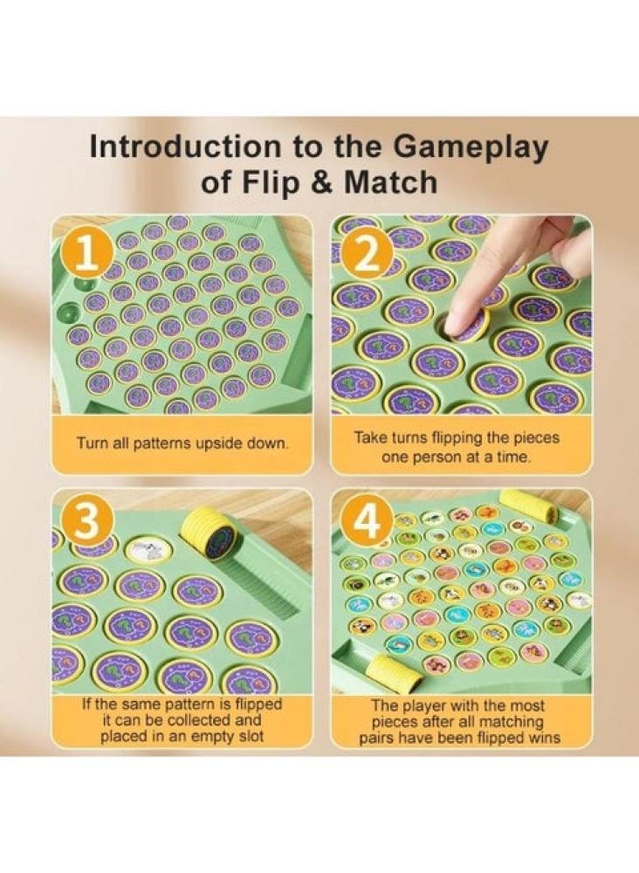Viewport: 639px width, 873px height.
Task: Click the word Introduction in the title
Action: point(186,147)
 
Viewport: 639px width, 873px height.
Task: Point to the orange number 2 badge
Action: point(368,254)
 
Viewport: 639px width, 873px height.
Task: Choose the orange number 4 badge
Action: point(368,522)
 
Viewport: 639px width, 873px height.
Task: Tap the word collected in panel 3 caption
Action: point(202,720)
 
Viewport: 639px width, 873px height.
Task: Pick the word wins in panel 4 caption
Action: point(545,739)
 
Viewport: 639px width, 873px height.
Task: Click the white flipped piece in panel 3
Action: point(148,551)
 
